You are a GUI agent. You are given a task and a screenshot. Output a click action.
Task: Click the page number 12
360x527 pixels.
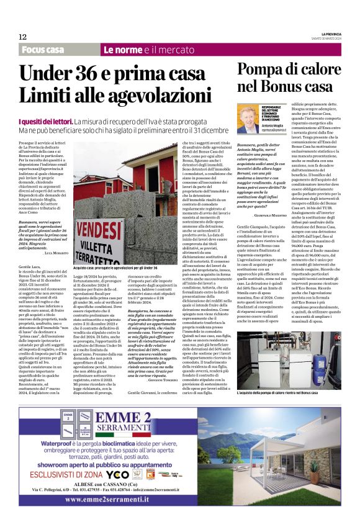point(22,37)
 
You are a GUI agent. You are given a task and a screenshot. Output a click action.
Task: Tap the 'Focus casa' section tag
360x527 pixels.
point(42,50)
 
